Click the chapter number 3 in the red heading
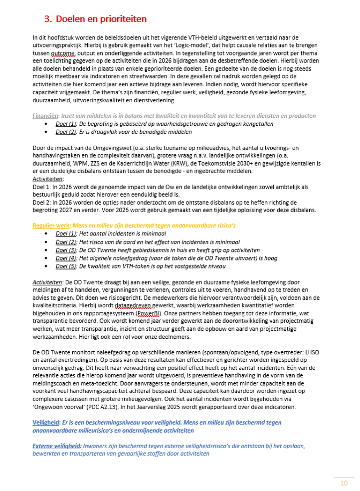click(x=48, y=19)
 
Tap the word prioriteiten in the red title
click(x=119, y=19)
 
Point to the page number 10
click(x=344, y=483)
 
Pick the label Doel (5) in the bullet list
click(x=66, y=266)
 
